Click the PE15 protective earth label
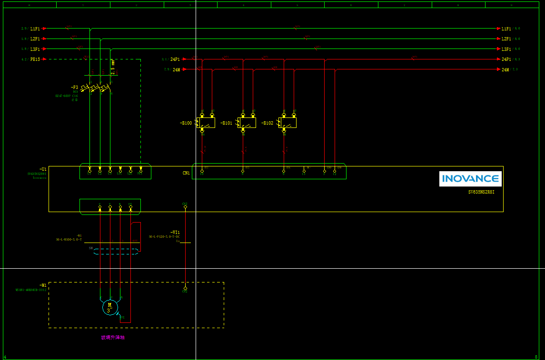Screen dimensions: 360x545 tap(35, 59)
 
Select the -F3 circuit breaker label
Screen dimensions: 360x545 tap(75, 88)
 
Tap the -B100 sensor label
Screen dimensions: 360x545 tap(186, 123)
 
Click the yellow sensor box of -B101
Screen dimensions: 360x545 tap(247, 123)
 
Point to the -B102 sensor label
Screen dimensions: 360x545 tap(268, 123)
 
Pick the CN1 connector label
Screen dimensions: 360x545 tap(186, 173)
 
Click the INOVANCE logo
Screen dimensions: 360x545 tap(470, 179)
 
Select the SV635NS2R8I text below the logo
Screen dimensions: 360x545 tap(485, 193)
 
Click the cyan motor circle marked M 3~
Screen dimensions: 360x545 tap(110, 307)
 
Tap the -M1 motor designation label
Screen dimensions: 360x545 tap(43, 285)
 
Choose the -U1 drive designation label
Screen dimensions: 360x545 tap(43, 169)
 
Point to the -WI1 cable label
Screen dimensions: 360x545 tap(175, 232)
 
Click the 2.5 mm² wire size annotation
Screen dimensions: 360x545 tap(113, 68)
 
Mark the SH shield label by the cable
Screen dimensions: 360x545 tap(90, 248)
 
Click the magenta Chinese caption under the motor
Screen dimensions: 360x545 tap(113, 338)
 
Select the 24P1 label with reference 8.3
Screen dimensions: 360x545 tap(506, 59)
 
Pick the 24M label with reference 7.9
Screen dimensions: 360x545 tap(177, 69)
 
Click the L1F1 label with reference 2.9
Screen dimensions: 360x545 tap(35, 29)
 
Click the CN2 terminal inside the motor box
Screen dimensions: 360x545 tap(185, 289)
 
